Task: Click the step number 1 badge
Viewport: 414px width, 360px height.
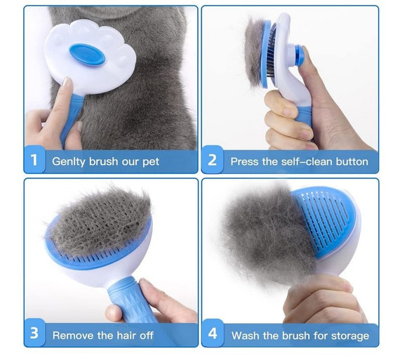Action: tap(34, 159)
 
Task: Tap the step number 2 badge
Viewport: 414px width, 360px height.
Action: tap(213, 159)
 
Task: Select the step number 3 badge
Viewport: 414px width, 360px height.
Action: tap(34, 333)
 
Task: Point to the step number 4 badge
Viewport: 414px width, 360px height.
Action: tap(213, 333)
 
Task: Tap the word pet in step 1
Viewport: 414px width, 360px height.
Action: tap(151, 162)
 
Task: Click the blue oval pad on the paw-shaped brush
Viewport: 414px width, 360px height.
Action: tap(87, 55)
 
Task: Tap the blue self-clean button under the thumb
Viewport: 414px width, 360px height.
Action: tap(300, 55)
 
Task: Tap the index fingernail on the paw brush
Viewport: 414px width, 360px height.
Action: tap(67, 81)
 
